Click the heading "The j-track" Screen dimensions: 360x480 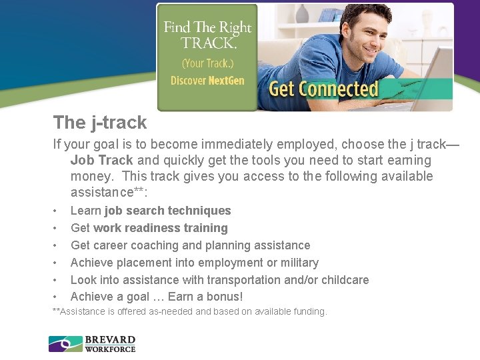[x=100, y=123]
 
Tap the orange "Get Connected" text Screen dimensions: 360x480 [x=323, y=89]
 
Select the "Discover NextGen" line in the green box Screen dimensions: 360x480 [x=207, y=81]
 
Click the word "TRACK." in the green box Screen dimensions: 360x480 [x=208, y=43]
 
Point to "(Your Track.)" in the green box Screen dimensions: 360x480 [x=207, y=64]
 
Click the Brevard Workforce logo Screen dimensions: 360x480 [x=92, y=344]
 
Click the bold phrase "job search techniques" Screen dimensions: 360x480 [x=168, y=211]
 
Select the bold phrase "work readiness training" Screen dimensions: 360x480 [x=161, y=228]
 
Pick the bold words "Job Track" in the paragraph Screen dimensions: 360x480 [x=102, y=160]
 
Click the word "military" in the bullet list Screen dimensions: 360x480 [x=295, y=263]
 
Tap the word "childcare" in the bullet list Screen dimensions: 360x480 [x=343, y=280]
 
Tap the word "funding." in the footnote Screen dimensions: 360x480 [x=309, y=311]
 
